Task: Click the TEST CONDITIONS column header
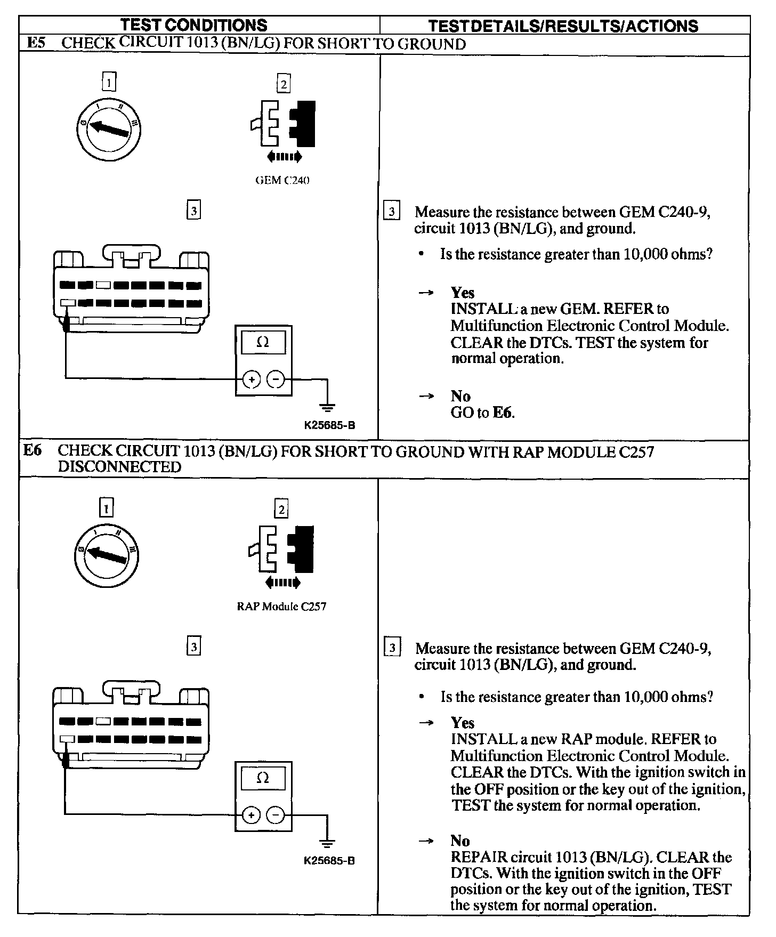pyautogui.click(x=193, y=25)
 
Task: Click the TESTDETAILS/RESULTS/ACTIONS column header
pyautogui.click(x=563, y=26)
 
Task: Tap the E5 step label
pyautogui.click(x=36, y=43)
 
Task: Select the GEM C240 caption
pyautogui.click(x=282, y=180)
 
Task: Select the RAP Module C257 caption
pyautogui.click(x=281, y=606)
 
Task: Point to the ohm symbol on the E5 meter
pyautogui.click(x=263, y=343)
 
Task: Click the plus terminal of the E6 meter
pyautogui.click(x=251, y=815)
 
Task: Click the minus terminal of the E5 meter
pyautogui.click(x=276, y=379)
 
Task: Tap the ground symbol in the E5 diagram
pyautogui.click(x=328, y=408)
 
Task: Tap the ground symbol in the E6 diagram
pyautogui.click(x=327, y=844)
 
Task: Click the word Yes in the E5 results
pyautogui.click(x=462, y=293)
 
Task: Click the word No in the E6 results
pyautogui.click(x=460, y=841)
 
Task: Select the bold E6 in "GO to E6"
pyautogui.click(x=503, y=413)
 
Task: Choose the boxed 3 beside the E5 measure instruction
pyautogui.click(x=392, y=212)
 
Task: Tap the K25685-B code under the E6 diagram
pyautogui.click(x=329, y=861)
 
